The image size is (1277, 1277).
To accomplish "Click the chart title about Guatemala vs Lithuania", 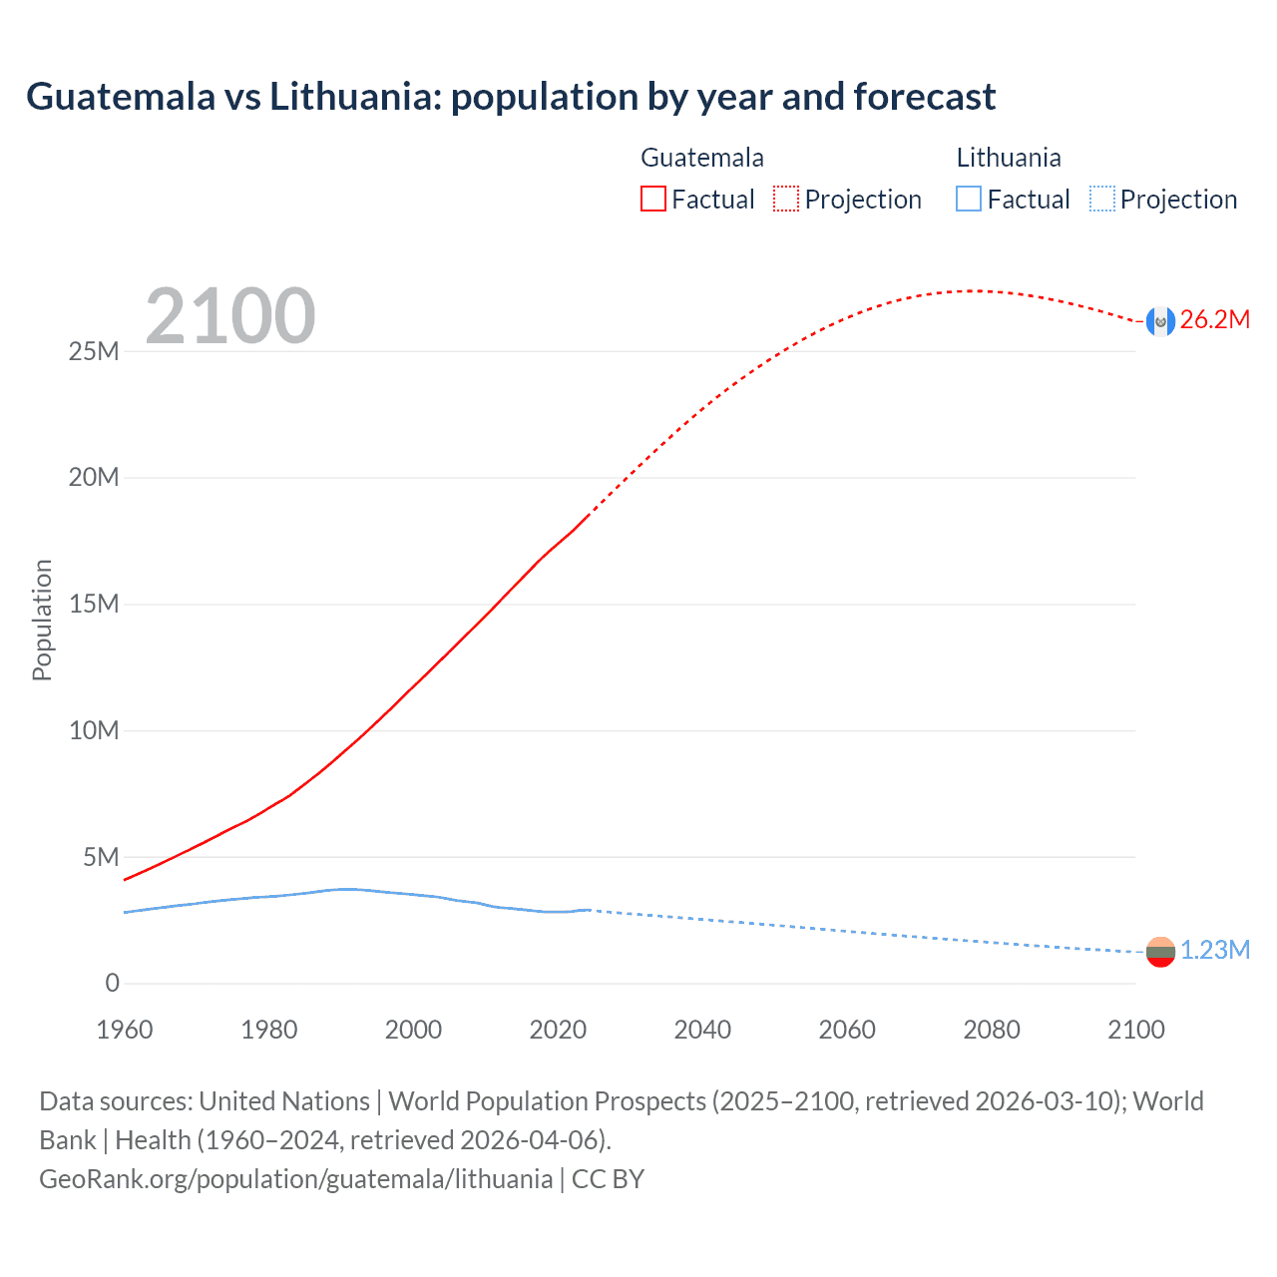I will click(x=510, y=97).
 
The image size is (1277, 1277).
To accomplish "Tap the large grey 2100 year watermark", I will click(x=230, y=316).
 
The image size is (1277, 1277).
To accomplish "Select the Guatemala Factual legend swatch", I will click(x=652, y=199).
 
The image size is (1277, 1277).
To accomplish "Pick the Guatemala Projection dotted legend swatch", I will click(x=786, y=199).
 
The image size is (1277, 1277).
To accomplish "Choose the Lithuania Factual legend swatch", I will click(x=968, y=199).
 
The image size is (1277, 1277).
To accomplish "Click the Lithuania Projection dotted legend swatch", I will click(x=1102, y=199).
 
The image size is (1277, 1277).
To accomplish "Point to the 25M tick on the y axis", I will click(x=94, y=351).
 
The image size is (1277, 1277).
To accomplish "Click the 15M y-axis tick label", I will click(x=94, y=605).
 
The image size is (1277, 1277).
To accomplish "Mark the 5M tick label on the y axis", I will click(x=101, y=857).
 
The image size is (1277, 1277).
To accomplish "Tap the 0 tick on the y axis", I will click(x=112, y=984).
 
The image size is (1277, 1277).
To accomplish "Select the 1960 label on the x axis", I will click(x=125, y=1030).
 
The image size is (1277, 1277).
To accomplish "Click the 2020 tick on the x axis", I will click(x=558, y=1030).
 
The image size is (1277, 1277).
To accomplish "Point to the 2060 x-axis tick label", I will click(x=847, y=1030).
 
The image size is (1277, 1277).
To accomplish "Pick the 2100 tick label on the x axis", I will click(x=1135, y=1030).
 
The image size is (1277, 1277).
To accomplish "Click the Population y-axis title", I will click(x=42, y=620).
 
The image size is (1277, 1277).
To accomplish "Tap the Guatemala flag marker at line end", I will click(x=1160, y=321).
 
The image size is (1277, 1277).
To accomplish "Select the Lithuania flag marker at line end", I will click(x=1160, y=952).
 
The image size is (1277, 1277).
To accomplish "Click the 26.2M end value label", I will click(x=1214, y=320).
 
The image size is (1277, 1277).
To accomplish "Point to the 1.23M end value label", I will click(x=1214, y=951).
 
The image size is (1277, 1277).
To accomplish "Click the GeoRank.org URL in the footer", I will click(x=295, y=1179).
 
